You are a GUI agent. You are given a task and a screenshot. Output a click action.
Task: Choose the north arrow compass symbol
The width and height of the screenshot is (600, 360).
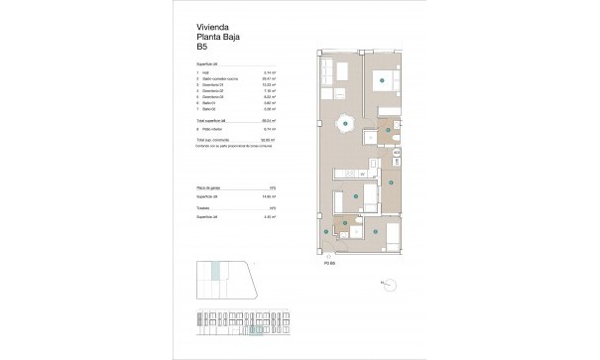coord(391,285)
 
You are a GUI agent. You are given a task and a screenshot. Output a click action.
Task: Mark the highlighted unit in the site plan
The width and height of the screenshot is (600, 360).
coord(217,269)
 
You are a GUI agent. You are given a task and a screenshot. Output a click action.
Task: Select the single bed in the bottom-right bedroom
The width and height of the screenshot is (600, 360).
coord(392,235)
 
